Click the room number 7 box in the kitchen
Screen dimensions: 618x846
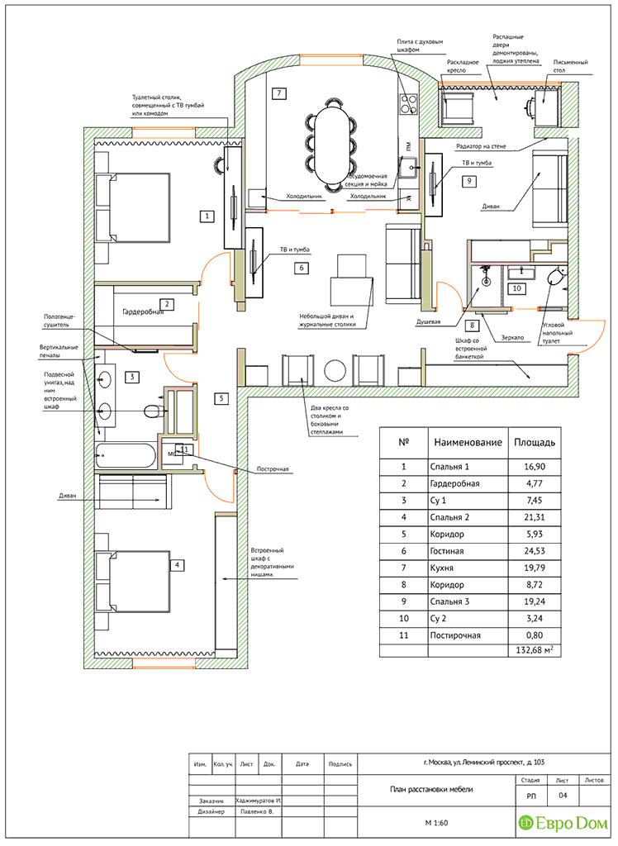coord(280,93)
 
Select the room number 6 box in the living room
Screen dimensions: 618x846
coord(302,268)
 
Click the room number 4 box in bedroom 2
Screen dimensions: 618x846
coord(176,565)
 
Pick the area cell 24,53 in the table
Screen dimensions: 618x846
coord(535,551)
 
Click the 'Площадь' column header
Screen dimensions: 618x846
coord(533,442)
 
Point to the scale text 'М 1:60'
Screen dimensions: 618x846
coord(435,823)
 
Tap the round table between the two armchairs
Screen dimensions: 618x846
coord(335,371)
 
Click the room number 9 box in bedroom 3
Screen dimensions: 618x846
coord(468,180)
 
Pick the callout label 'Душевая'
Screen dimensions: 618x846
coord(428,322)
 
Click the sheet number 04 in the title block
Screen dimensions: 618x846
coord(563,796)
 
